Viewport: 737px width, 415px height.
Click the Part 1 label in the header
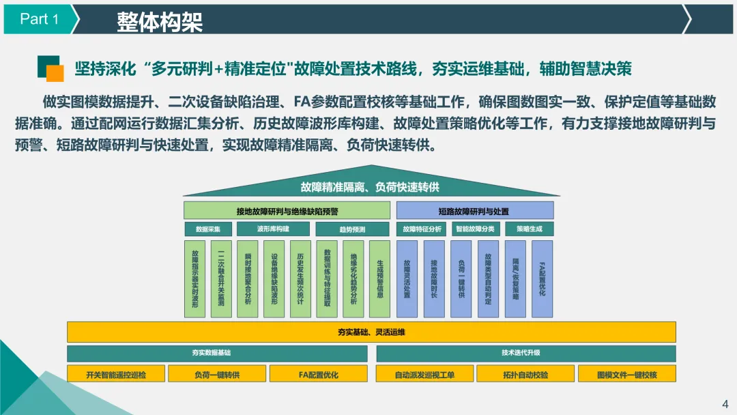coord(39,19)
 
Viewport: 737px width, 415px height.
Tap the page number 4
coord(725,402)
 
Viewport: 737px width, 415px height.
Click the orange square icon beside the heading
coord(55,73)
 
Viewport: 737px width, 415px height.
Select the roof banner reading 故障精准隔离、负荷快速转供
coord(369,186)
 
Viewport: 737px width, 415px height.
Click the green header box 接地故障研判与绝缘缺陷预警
coord(287,211)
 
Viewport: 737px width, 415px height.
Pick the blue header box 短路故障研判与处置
coord(474,211)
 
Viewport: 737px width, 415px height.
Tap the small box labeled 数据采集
coord(207,229)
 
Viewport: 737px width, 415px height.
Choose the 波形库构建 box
coord(273,229)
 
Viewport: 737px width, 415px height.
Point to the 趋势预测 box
coord(352,229)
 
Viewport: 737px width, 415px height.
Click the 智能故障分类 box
coord(475,229)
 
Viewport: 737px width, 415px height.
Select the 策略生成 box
coord(530,229)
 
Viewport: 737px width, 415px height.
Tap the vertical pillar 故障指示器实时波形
coord(195,278)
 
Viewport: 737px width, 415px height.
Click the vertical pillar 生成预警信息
coord(379,278)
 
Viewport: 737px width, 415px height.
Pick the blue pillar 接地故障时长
coord(434,278)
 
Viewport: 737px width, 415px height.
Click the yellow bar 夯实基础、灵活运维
coord(371,332)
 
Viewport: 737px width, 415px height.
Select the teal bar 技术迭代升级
coord(525,353)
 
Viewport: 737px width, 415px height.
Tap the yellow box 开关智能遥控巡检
coord(116,374)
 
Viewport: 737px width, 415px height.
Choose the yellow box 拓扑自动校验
coord(525,374)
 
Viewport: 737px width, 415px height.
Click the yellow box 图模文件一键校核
coord(626,374)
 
